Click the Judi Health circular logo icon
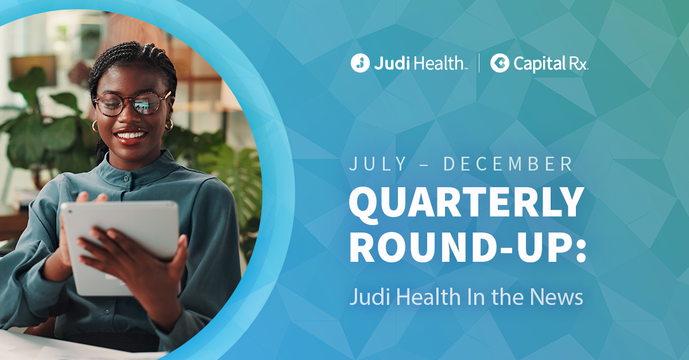pos(360,63)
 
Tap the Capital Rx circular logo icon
pos(500,63)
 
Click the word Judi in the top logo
pos(389,63)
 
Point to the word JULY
pos(378,164)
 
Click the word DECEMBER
pos(508,164)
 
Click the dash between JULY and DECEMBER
pos(425,165)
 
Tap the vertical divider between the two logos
pos(479,63)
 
